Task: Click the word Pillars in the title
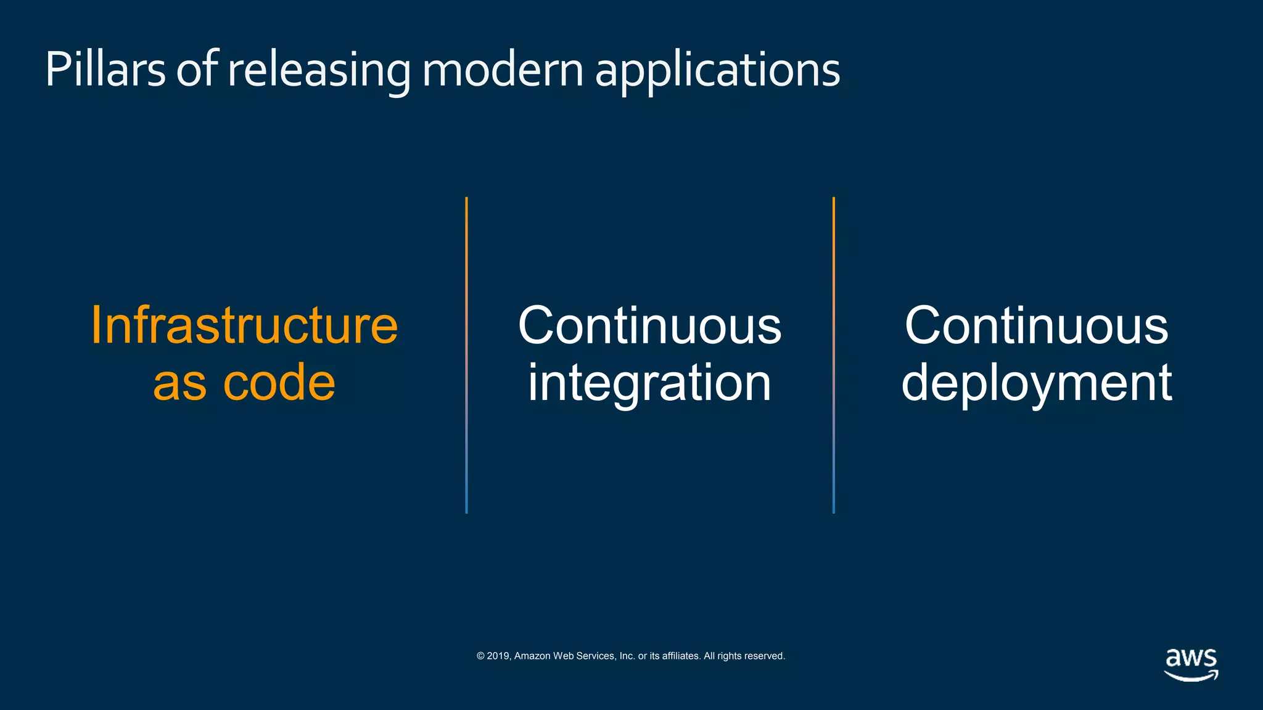(105, 70)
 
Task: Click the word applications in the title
(717, 70)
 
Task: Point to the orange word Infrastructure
(244, 325)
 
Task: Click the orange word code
(279, 383)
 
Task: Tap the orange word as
(179, 383)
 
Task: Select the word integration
(649, 383)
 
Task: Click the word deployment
(1036, 383)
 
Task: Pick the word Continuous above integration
(649, 325)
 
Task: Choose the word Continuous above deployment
(1036, 325)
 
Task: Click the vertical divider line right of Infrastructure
(466, 354)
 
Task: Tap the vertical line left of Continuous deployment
(834, 354)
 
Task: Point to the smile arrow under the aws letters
(1191, 676)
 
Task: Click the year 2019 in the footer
(498, 656)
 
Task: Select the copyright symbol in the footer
(480, 656)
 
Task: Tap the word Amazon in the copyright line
(532, 656)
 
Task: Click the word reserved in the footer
(766, 656)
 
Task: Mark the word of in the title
(197, 70)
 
